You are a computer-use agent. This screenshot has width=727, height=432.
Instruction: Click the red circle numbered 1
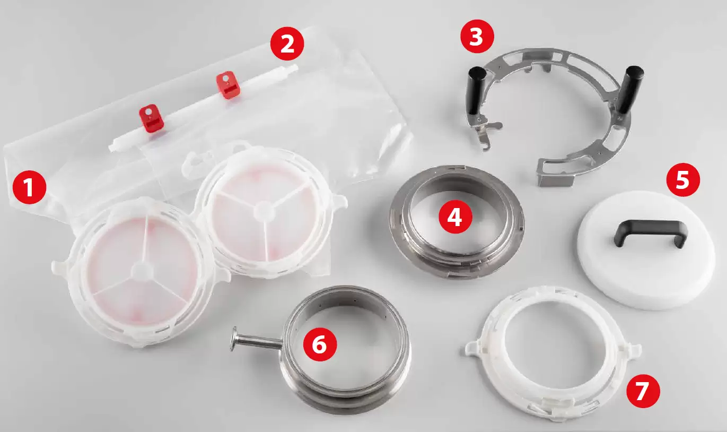pos(30,187)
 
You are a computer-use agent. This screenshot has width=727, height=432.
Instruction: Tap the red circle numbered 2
pos(287,44)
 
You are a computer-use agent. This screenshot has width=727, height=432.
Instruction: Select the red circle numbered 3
pos(477,37)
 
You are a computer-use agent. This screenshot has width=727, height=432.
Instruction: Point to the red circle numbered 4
pos(455,217)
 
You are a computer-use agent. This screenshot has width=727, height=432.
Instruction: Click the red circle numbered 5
pos(683,179)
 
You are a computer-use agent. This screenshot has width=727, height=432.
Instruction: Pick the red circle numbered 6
pos(320,344)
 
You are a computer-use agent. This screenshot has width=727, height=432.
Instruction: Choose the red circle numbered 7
pos(643,391)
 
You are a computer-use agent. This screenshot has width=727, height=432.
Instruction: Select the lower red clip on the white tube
pos(151,118)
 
